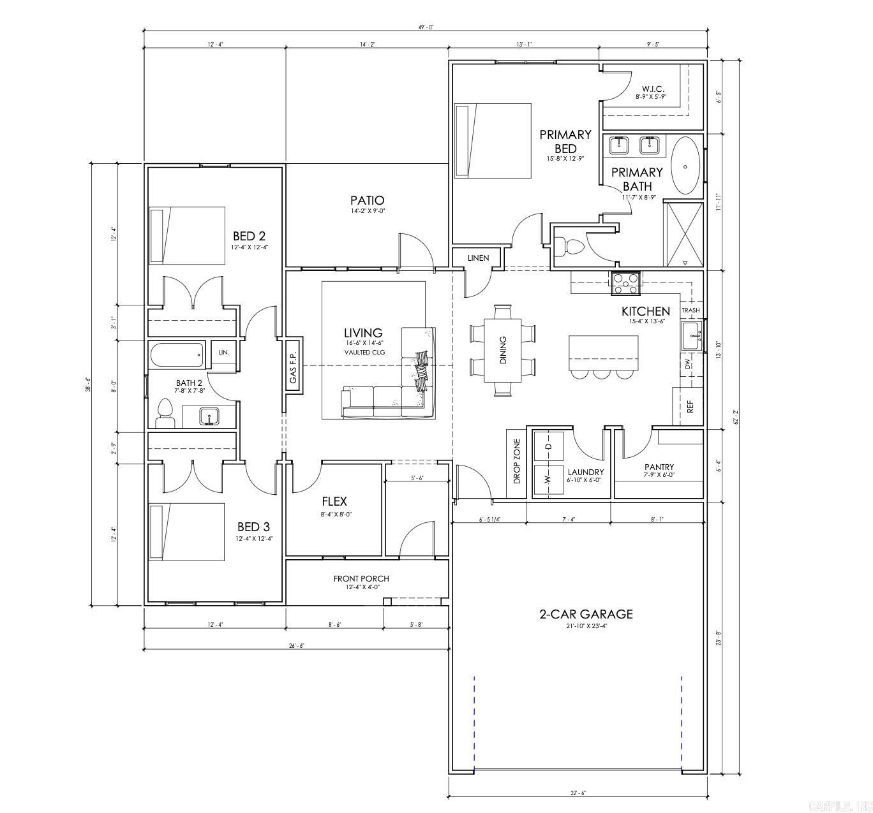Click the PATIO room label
pos(367,200)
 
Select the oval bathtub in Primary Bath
pos(685,166)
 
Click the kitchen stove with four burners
pos(625,283)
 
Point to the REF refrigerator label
pos(690,407)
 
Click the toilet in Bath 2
pos(165,414)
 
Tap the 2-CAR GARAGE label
pos(586,614)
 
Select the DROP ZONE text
pos(516,460)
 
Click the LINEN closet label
pos(478,258)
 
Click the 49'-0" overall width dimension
pos(426,27)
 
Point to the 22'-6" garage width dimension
pos(578,793)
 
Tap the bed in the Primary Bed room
pos(493,141)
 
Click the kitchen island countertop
pos(603,351)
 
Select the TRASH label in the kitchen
pos(690,310)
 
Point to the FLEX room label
pos(334,501)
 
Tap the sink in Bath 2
pos(208,417)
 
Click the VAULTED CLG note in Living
pos(364,352)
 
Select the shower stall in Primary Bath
pos(684,233)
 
